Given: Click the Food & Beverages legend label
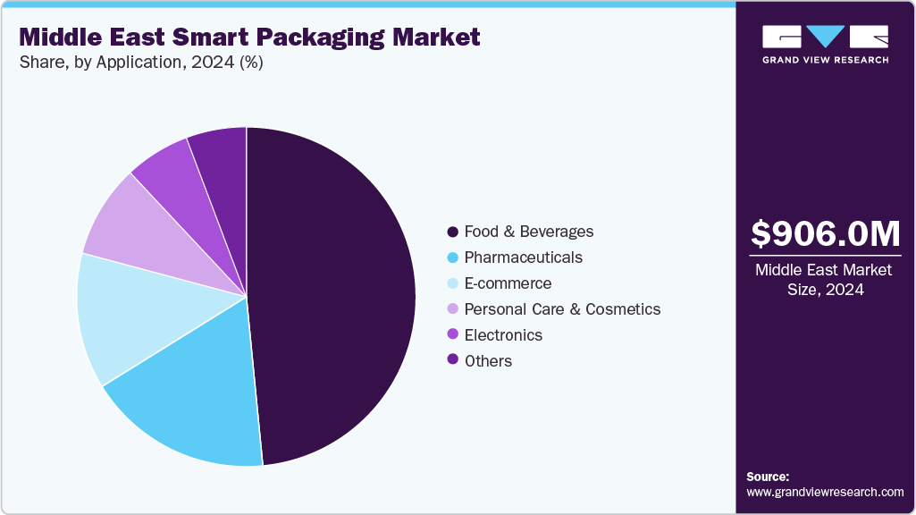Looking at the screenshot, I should click(x=528, y=232).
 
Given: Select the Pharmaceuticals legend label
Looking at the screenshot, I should click(x=523, y=257).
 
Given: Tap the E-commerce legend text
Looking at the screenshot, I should click(x=508, y=283).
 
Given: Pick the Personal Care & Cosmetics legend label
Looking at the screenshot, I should click(x=562, y=309).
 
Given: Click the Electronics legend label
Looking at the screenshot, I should click(x=503, y=335).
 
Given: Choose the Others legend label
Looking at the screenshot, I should click(x=488, y=361).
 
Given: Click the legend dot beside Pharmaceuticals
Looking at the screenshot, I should click(x=453, y=257).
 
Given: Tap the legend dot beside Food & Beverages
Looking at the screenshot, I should click(x=453, y=232).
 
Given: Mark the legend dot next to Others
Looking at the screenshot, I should click(x=453, y=361).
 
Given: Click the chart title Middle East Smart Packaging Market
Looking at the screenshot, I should click(x=249, y=37).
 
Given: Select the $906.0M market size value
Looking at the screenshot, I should click(x=825, y=234).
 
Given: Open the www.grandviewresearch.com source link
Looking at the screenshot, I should click(x=825, y=492).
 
